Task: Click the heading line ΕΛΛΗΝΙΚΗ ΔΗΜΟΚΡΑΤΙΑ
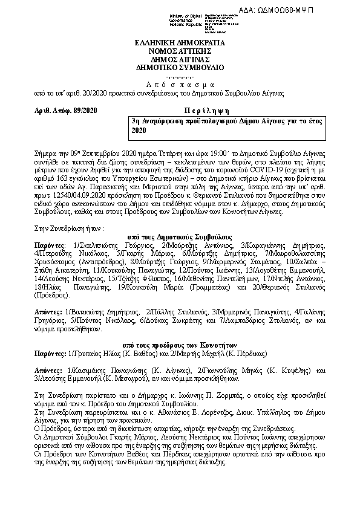coord(179,44)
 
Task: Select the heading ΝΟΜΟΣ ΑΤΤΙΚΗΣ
coord(179,52)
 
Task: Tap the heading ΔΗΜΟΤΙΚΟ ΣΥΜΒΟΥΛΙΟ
coord(179,67)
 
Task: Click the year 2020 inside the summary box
coord(139,130)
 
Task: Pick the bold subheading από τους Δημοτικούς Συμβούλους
coord(179,238)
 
